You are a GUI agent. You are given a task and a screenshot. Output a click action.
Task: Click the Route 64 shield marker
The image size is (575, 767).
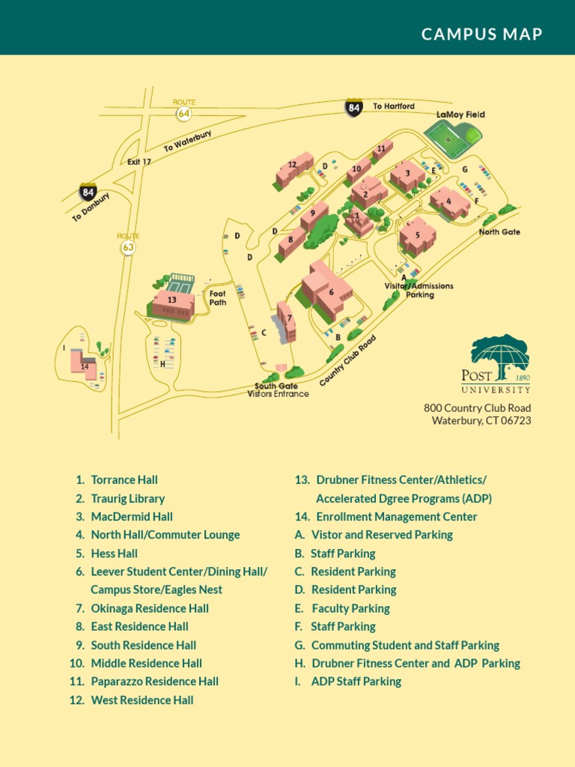click(x=183, y=112)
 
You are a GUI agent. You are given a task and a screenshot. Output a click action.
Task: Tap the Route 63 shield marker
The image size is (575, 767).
click(x=129, y=246)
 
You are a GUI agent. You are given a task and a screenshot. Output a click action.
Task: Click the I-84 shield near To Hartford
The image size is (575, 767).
click(x=354, y=108)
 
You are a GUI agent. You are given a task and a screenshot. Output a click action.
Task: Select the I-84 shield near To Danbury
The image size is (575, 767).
click(x=88, y=191)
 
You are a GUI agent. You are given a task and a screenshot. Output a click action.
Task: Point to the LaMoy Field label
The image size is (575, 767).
click(x=460, y=115)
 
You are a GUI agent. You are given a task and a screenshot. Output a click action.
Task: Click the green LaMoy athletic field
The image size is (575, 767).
click(x=451, y=136)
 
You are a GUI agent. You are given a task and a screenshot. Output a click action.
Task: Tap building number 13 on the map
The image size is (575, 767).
click(x=173, y=302)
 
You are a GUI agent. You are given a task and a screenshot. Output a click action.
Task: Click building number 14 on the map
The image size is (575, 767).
click(x=84, y=365)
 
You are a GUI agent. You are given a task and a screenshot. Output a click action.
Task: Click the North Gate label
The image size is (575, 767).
click(x=499, y=232)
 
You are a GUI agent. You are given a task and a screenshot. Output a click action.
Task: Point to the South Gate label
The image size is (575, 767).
click(x=276, y=386)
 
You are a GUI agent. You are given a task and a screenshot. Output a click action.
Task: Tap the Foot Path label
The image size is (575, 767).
click(x=217, y=298)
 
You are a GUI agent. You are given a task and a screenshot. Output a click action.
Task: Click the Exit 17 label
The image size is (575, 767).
click(x=139, y=162)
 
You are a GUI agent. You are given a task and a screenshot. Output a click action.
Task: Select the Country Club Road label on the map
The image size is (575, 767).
click(x=347, y=361)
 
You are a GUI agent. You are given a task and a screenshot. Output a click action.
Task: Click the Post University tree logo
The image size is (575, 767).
click(x=500, y=352)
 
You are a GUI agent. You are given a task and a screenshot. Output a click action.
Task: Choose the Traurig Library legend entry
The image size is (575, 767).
click(x=127, y=498)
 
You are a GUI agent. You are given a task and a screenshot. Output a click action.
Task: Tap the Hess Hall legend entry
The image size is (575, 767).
click(x=114, y=554)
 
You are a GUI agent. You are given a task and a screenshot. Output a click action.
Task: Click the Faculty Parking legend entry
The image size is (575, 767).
click(x=350, y=608)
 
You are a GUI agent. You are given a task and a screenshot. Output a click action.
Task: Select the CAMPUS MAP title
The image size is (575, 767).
click(x=481, y=34)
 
